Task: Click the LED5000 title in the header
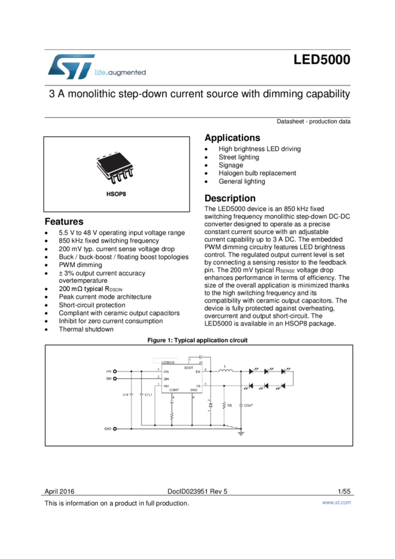321,61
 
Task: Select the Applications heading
232,138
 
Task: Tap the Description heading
230,199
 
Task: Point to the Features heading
64,222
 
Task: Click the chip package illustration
115,169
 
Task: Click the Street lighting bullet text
239,157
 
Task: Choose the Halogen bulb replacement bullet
257,173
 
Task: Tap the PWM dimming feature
80,265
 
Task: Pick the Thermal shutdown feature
85,329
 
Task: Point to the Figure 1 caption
197,340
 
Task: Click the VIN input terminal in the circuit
115,372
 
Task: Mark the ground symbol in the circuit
242,433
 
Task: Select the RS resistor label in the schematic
229,405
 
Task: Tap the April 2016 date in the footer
59,491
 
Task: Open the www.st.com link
336,502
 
